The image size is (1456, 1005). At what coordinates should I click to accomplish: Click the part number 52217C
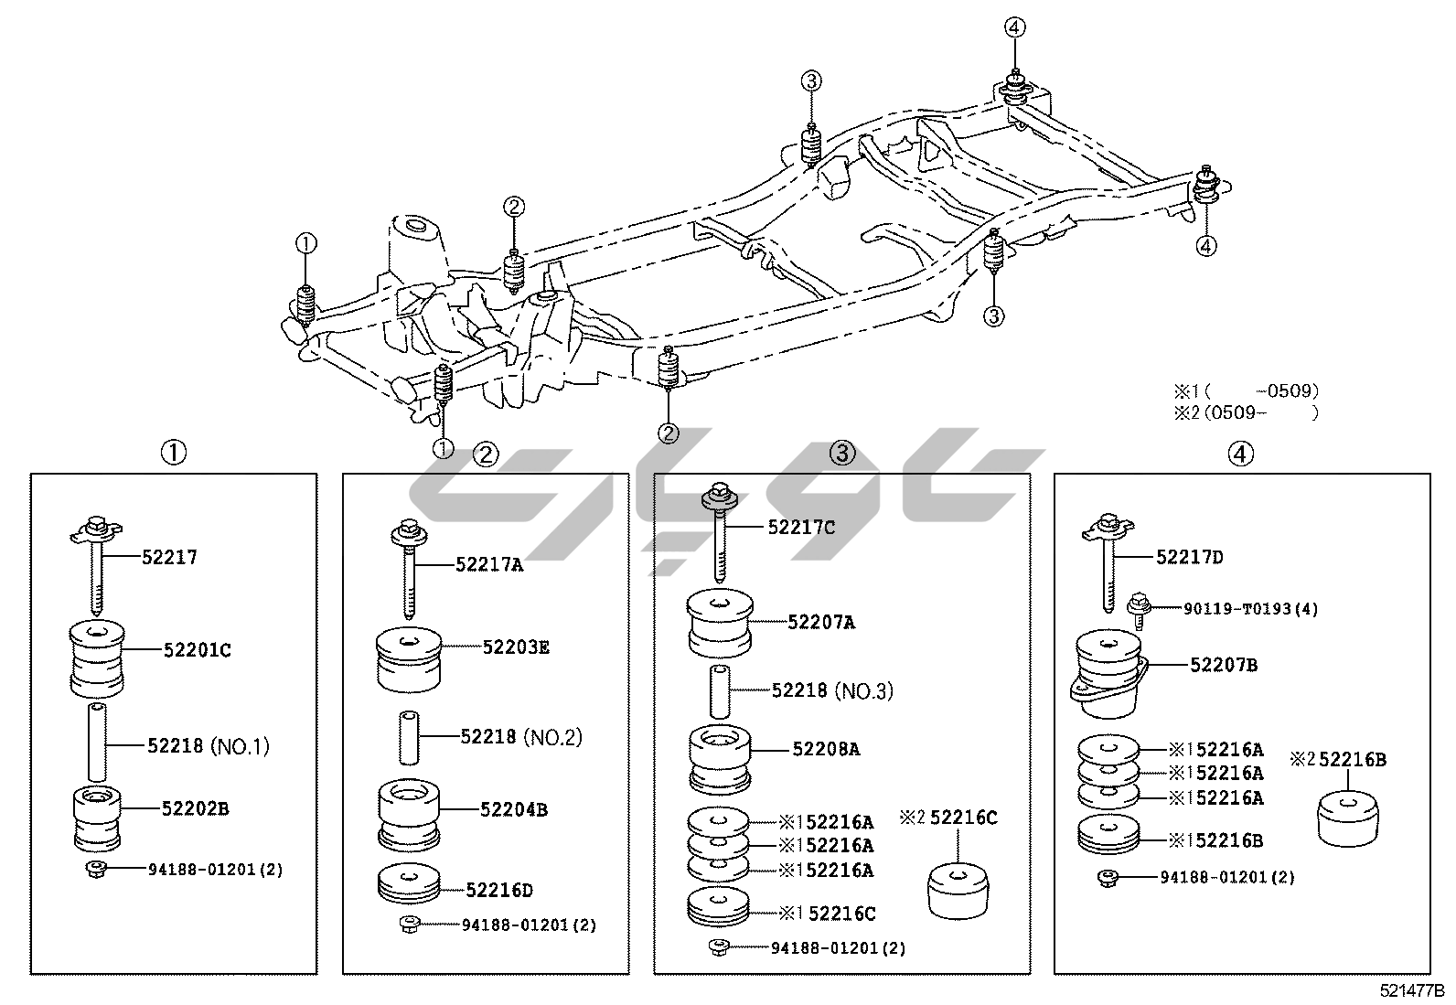point(801,528)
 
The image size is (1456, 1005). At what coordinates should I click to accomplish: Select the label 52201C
point(197,650)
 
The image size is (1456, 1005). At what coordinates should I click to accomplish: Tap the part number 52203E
point(516,647)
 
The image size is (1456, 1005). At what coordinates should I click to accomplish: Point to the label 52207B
point(1223,665)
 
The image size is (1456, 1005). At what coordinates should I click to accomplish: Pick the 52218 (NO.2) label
point(520,737)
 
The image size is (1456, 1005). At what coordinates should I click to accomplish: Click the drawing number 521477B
point(1412,990)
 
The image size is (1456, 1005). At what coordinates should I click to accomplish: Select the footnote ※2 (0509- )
point(1246,412)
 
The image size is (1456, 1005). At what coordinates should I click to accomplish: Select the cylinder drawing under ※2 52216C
point(958,887)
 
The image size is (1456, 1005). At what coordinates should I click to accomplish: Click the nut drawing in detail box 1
point(97,868)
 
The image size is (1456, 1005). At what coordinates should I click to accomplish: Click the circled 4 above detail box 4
point(1240,454)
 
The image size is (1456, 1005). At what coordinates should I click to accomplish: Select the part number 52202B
point(195,808)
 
